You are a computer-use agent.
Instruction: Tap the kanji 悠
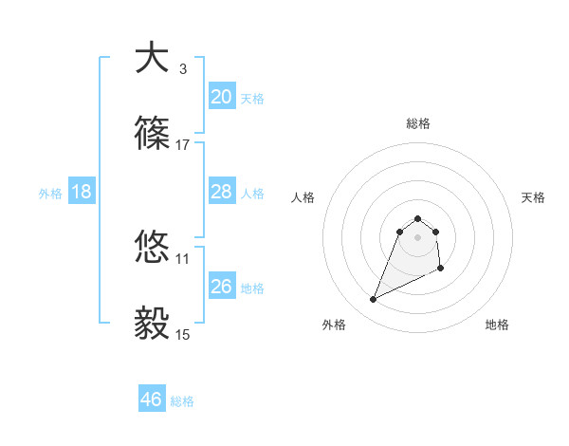coord(153,248)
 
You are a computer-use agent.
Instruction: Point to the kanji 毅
coord(153,324)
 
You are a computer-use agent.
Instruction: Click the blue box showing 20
coord(222,96)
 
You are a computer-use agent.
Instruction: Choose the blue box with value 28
coord(222,192)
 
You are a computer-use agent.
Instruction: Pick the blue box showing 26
coord(222,286)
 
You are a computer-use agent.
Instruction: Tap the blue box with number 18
coord(82,192)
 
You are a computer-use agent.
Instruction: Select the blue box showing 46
coord(152,400)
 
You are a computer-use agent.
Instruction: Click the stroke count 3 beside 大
coord(183,69)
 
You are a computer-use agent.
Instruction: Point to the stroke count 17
coord(183,145)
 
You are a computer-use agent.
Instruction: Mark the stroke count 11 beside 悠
coord(183,258)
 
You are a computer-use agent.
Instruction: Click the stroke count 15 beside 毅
coord(183,334)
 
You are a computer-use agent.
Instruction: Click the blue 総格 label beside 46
coord(182,401)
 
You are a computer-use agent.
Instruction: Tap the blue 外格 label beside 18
coord(50,194)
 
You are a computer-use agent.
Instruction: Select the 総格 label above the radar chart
coord(418,123)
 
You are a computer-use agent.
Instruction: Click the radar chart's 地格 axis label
coord(497,325)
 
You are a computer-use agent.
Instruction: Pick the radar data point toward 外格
coord(373,300)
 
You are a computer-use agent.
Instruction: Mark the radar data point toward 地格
coord(442,269)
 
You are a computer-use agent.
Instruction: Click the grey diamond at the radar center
coord(418,236)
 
